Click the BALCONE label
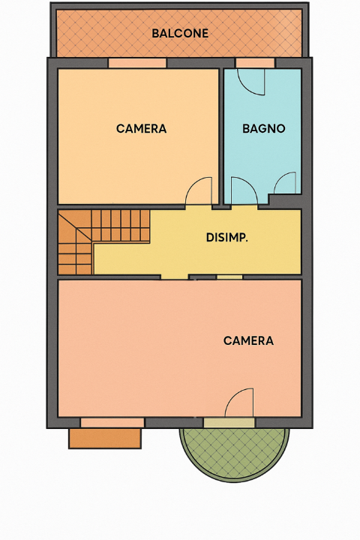(x=180, y=34)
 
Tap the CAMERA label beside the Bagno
(x=141, y=128)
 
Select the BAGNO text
(x=263, y=128)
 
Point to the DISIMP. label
(x=227, y=238)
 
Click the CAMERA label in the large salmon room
(x=248, y=340)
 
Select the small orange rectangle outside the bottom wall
(x=106, y=438)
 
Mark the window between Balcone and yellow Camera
(x=137, y=64)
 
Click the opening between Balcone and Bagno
(x=255, y=64)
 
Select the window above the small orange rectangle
(x=112, y=422)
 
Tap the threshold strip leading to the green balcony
(x=229, y=423)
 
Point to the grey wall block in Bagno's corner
(x=286, y=201)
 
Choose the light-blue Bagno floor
(x=263, y=157)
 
